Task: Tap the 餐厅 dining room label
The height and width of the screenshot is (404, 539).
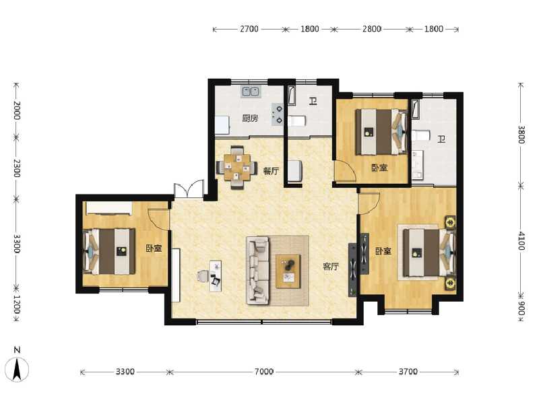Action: click(271, 171)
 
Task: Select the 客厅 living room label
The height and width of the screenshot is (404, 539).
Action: click(330, 267)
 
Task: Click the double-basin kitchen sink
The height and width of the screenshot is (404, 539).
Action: click(251, 91)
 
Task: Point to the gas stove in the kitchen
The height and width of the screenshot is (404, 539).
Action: click(278, 114)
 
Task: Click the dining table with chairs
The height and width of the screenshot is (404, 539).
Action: click(236, 165)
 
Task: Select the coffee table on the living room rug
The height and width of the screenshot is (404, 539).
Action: click(288, 271)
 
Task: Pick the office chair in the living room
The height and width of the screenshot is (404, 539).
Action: click(203, 276)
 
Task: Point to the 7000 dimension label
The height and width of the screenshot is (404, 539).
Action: click(263, 372)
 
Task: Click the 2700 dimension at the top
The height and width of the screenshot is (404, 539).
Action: click(249, 29)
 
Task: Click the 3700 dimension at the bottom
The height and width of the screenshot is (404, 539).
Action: click(408, 372)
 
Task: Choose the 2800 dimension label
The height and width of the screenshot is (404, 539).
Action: click(372, 29)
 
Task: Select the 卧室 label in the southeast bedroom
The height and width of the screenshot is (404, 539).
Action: click(383, 251)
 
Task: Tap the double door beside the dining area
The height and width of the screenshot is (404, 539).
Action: click(188, 189)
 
